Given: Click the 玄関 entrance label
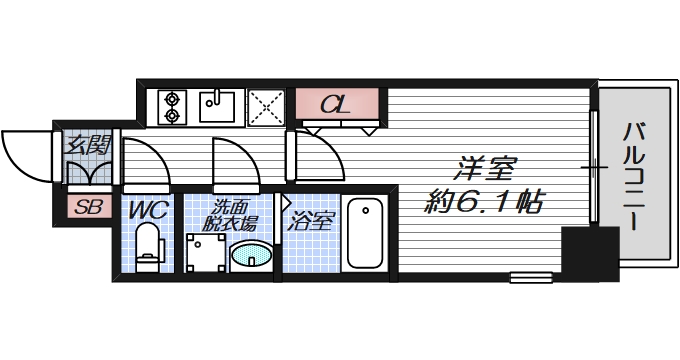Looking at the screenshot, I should [87, 144].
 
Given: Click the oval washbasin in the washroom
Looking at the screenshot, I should [250, 257].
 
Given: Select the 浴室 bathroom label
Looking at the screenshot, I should [312, 219].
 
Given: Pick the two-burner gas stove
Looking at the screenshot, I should [171, 107].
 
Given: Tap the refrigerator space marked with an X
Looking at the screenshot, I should [265, 107].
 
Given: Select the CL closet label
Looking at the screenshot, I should [337, 104].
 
